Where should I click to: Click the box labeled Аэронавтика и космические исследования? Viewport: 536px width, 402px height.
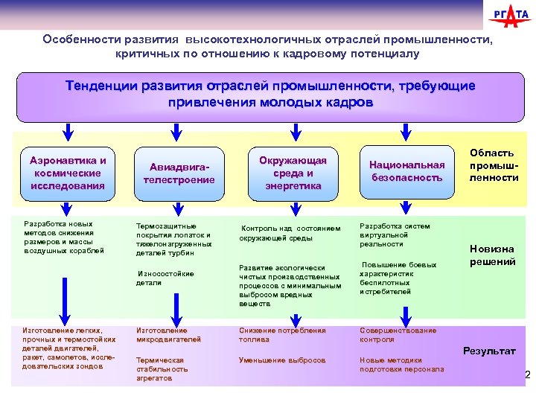tap(68, 173)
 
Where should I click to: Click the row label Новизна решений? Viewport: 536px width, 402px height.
tap(492, 255)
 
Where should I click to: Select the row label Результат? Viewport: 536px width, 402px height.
tap(489, 350)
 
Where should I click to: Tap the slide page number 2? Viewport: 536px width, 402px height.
tap(528, 374)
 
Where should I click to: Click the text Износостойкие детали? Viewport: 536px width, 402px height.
tap(165, 278)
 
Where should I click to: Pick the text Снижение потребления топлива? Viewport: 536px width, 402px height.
tap(282, 334)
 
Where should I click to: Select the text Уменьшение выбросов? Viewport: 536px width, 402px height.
tap(282, 360)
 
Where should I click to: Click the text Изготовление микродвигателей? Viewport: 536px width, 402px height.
tap(168, 334)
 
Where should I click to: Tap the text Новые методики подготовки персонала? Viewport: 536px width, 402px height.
tap(402, 364)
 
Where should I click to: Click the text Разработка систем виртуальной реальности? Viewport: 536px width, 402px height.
tap(395, 234)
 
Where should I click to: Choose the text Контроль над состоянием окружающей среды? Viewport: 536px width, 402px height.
tap(290, 233)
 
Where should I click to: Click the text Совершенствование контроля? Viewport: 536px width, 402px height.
tap(398, 334)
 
